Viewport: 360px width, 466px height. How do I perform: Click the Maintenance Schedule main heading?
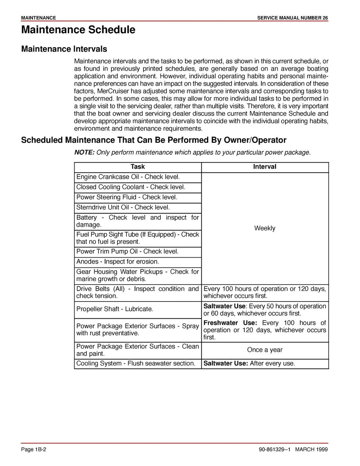coord(78,30)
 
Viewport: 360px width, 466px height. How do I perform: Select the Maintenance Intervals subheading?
coord(64,49)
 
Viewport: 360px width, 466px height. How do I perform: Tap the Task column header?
coord(137,167)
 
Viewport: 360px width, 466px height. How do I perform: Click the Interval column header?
coord(265,167)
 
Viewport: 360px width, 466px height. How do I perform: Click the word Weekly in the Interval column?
coord(265,228)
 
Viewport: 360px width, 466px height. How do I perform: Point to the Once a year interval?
coord(265,350)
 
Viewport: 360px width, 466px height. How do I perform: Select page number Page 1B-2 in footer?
coord(34,449)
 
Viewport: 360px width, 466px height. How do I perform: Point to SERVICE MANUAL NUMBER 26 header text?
coord(292,18)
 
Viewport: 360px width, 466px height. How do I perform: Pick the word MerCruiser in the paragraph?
coord(112,91)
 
